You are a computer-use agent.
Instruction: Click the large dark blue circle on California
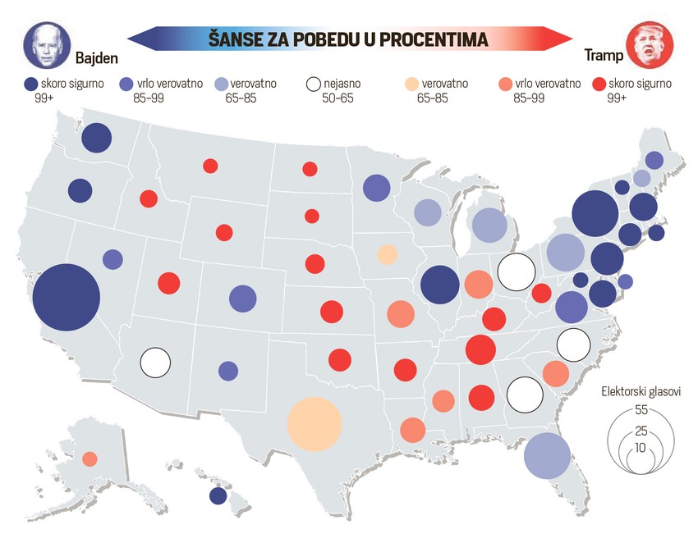coord(66,296)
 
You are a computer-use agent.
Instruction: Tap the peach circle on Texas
coord(314,423)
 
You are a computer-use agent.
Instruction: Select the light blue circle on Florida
coord(547,455)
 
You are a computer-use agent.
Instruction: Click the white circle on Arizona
coord(155,361)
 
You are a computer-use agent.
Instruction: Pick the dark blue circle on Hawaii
coord(218,495)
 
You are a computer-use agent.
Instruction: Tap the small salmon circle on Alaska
coord(90,458)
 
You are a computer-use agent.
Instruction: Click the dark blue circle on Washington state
coord(96,138)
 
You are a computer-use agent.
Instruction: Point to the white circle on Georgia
coord(524,395)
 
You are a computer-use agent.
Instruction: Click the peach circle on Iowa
coord(387,253)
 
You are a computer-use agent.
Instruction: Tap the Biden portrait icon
coord(45,45)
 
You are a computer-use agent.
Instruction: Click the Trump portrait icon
coord(649,45)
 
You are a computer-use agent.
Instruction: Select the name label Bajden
coord(97,58)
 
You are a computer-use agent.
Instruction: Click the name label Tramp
coord(602,56)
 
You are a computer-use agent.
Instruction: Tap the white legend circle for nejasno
coord(313,84)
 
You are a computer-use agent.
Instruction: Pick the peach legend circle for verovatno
coord(412,84)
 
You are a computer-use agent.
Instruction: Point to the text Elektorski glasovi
coord(641,391)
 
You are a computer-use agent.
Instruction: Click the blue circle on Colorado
coord(242,299)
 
